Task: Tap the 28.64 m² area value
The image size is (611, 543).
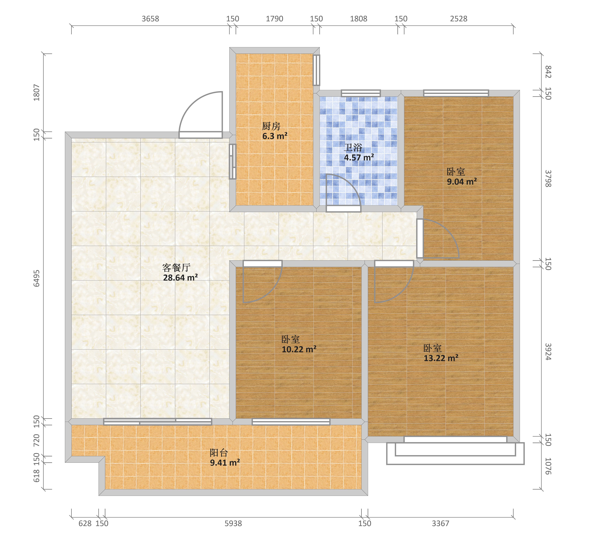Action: point(180,278)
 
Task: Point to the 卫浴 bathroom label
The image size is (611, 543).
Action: point(353,147)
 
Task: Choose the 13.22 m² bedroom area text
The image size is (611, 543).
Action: point(441,358)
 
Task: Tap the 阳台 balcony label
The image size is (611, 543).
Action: point(219,453)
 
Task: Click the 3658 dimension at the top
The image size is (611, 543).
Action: point(150,19)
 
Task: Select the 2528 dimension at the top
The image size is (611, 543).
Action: point(459,19)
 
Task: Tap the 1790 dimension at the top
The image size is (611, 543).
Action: point(274,19)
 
